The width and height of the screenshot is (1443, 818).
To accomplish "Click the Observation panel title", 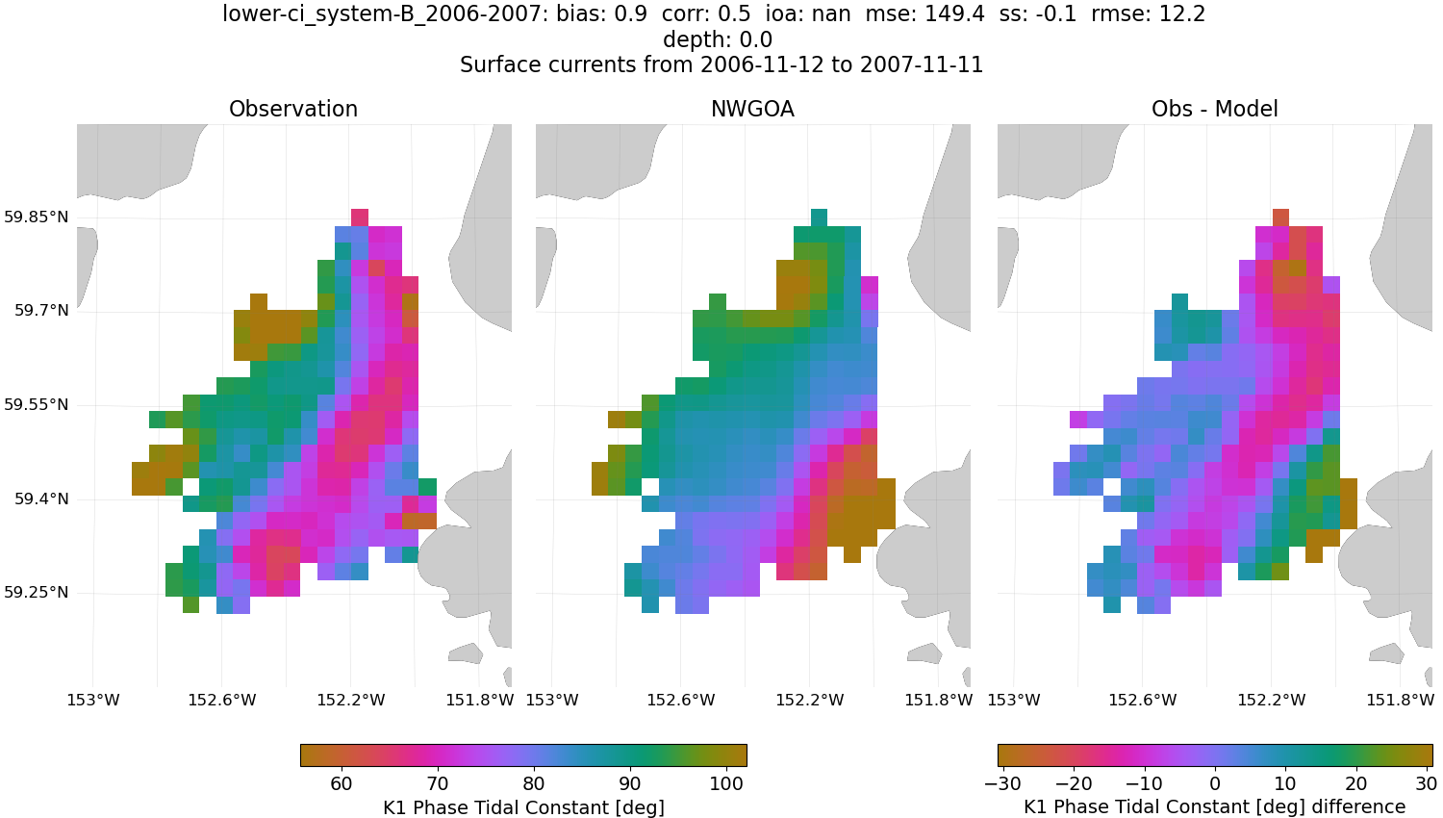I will click(x=293, y=110).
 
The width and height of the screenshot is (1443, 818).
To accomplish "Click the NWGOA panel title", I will click(x=752, y=110).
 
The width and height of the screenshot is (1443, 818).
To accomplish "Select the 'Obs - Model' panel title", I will click(x=1214, y=110).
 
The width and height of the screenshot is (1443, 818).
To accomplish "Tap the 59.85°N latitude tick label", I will click(x=37, y=217).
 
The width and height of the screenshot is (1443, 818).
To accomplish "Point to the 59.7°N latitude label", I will click(x=41, y=311).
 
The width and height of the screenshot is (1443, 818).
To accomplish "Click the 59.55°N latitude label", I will click(x=37, y=405).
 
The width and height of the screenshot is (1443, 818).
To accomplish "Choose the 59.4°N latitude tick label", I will click(x=41, y=499).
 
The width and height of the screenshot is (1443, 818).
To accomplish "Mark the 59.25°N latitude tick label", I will click(x=37, y=593).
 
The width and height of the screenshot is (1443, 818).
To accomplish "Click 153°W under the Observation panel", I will click(x=93, y=700).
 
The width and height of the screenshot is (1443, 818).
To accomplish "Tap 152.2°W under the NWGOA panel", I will click(x=809, y=700).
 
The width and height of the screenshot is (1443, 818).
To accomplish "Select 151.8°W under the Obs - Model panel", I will click(x=1400, y=700).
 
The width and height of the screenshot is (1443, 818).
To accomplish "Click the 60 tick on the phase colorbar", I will click(x=342, y=783).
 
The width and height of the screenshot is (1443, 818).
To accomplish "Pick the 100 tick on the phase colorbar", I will click(x=726, y=783).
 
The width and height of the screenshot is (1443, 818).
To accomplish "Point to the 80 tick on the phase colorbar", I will click(x=534, y=783).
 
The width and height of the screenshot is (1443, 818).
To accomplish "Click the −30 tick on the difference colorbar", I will click(x=1003, y=783).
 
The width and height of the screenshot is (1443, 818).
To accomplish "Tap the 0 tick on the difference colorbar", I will click(x=1215, y=783).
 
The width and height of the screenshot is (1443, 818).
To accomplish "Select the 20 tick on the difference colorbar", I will click(x=1355, y=783).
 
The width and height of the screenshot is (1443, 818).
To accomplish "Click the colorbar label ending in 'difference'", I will click(x=1214, y=807).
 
